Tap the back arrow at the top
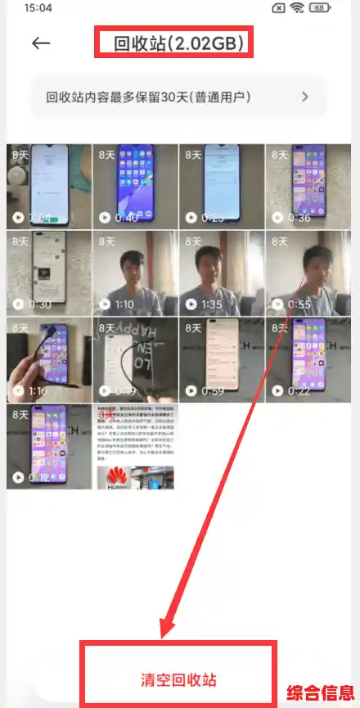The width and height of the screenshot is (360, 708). (41, 43)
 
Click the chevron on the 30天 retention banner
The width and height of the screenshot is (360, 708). (305, 97)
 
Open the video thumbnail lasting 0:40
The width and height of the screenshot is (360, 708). (135, 187)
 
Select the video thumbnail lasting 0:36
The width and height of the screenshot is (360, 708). (308, 187)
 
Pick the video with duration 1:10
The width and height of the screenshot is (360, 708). (135, 273)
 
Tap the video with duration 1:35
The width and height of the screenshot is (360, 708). (221, 273)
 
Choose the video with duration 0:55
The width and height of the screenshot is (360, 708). (308, 273)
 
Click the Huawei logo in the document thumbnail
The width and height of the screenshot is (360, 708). (114, 476)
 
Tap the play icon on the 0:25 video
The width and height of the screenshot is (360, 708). (191, 218)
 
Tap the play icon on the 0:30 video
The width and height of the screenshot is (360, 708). (18, 304)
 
